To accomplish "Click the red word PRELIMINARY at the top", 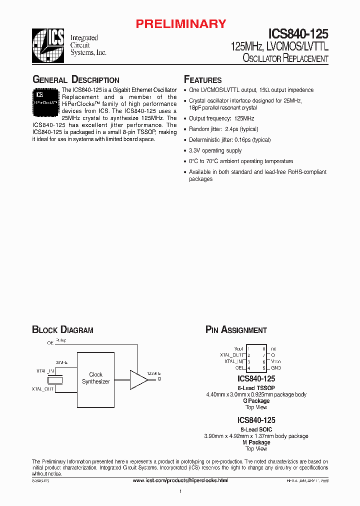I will tap(181, 23).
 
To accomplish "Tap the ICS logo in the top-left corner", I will tap(48, 45).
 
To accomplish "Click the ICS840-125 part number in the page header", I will tap(298, 33).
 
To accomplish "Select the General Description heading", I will tap(75, 80).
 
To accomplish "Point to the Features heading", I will tap(202, 80).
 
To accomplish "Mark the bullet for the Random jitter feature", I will tap(185, 129).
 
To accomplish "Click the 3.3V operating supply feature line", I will tap(215, 150).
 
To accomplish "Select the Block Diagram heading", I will tap(62, 330).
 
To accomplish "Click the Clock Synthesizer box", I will tap(95, 377).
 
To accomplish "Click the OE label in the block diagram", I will tap(50, 343).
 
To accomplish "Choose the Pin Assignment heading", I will tap(236, 330).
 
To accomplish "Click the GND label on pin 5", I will tap(276, 367).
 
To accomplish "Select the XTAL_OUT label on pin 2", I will tap(231, 355).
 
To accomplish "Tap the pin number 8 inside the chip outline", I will tap(263, 348).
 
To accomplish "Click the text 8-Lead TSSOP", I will tap(256, 388).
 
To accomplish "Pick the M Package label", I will tap(256, 442).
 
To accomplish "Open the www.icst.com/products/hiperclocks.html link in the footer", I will tap(180, 480).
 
